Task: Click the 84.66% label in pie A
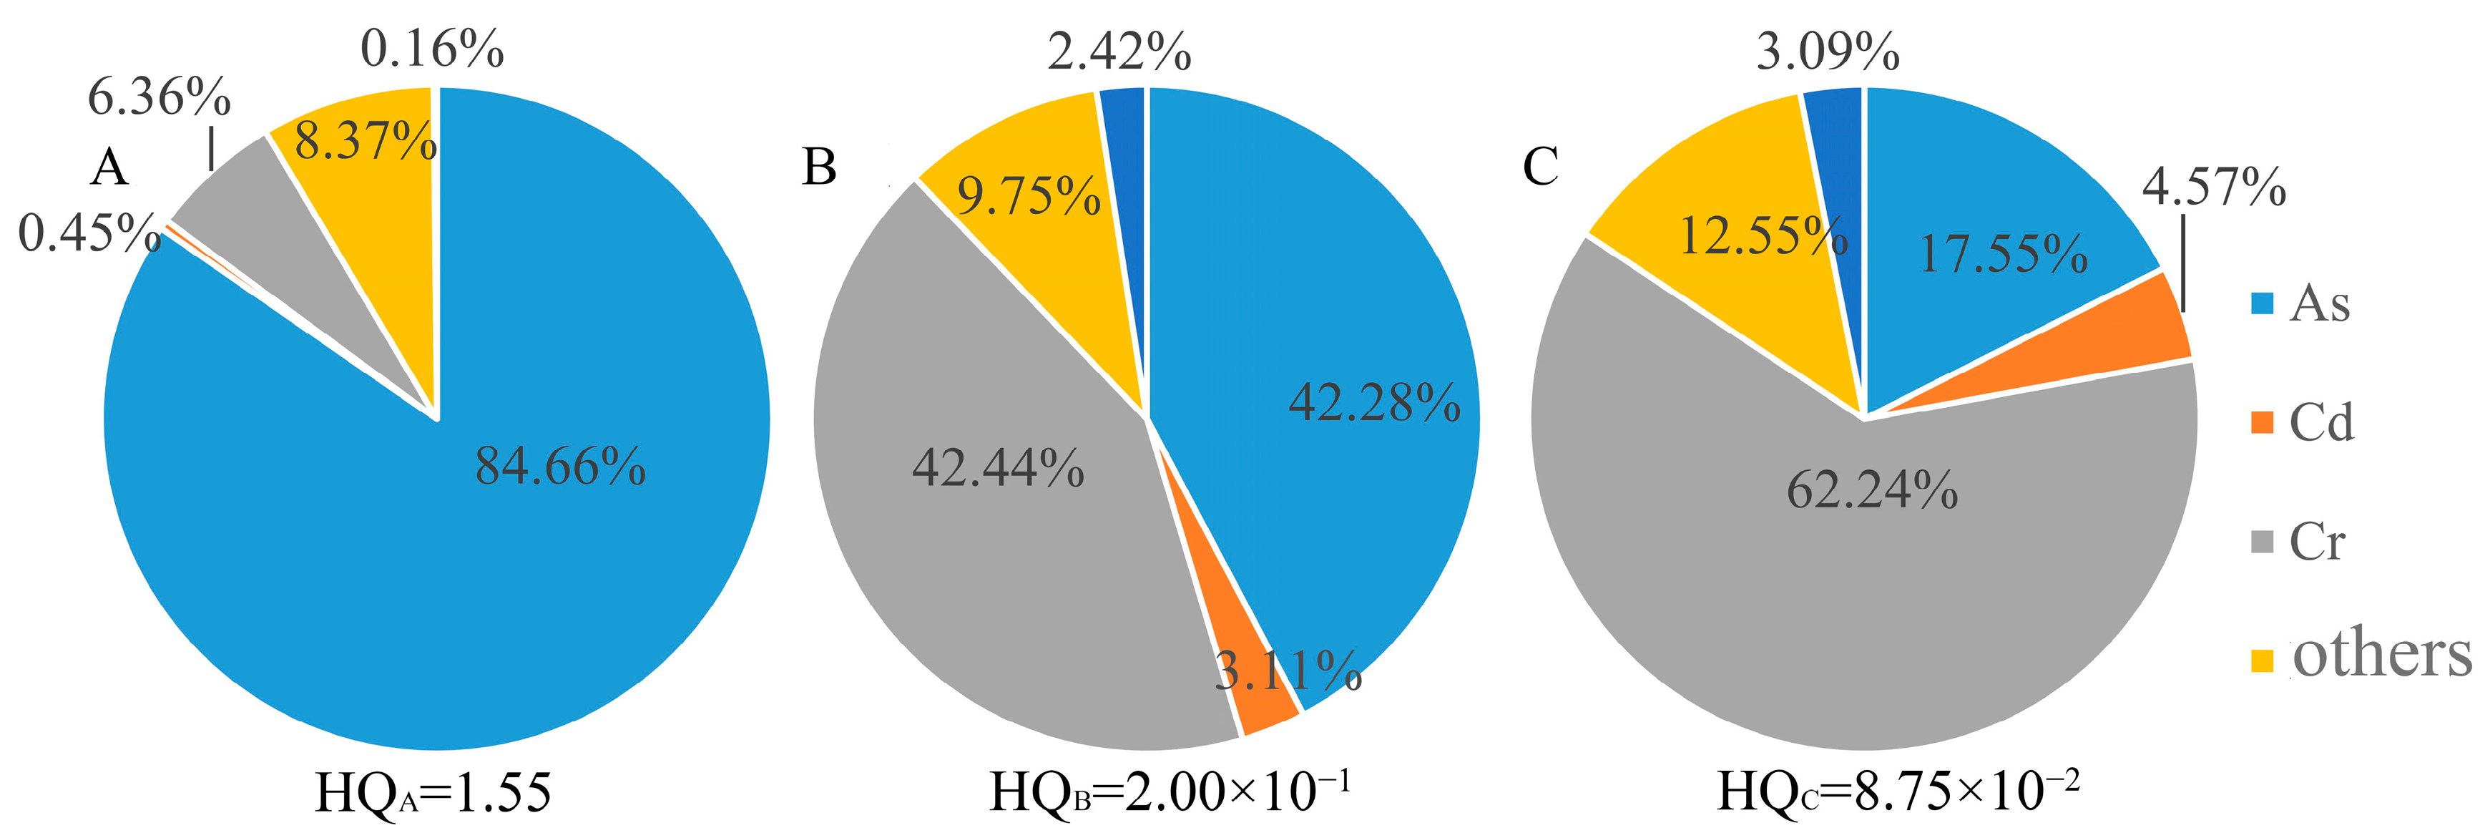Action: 559,466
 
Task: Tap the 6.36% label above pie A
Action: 160,97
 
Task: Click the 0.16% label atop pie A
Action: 432,49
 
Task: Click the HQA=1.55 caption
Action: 433,794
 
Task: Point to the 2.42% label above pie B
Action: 1119,52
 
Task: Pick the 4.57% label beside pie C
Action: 2214,187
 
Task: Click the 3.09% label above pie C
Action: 1828,52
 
